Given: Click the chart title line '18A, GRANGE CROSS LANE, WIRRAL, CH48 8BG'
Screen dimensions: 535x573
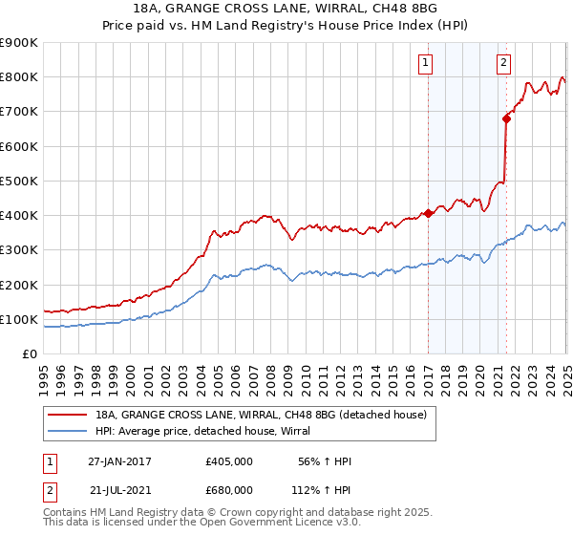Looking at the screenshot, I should click(286, 10).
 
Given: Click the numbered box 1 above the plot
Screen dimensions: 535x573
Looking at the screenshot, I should click(425, 64).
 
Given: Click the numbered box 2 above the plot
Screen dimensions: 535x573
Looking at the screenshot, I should click(503, 64).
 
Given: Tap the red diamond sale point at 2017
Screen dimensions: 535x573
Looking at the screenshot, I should click(428, 214).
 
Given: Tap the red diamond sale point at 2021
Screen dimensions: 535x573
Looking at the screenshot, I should click(506, 118).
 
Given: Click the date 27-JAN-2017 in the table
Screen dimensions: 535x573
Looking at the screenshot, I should click(119, 461).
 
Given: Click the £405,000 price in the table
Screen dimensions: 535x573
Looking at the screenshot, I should click(229, 461).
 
